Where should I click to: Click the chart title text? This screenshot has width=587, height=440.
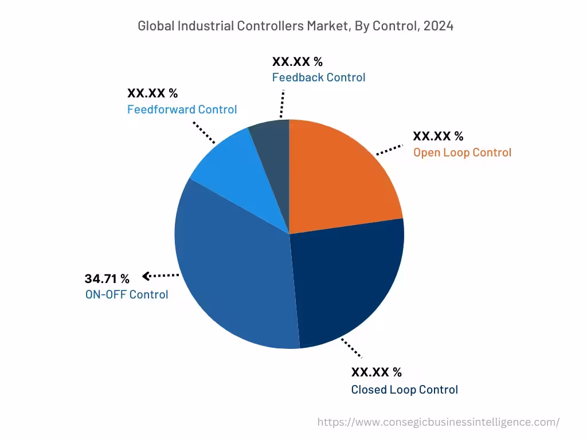295,26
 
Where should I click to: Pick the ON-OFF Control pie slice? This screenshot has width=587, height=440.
229,269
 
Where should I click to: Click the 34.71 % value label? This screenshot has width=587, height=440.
107,279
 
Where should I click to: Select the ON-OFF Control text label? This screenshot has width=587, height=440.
126,294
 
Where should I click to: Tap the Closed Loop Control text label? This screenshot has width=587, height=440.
404,390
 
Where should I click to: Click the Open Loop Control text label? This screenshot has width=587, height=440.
462,152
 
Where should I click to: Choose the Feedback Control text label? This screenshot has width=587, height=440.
318,77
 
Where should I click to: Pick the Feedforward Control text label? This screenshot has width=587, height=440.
182,109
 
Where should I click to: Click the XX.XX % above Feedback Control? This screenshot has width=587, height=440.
297,62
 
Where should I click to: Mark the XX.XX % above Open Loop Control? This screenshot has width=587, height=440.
438,136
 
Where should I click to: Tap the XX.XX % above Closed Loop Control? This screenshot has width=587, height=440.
376,372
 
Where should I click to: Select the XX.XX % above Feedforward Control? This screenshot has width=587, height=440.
152,93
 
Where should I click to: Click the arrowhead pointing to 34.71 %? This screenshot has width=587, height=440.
146,276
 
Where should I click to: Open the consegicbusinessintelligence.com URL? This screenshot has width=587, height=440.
438,422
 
